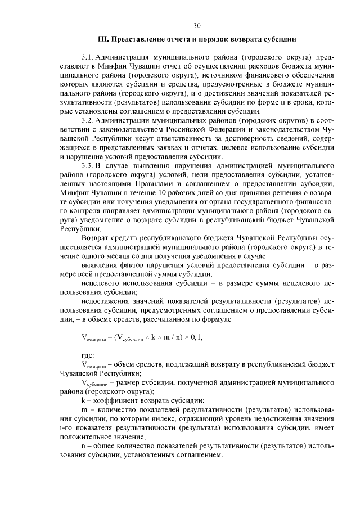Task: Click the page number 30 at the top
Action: coord(196,25)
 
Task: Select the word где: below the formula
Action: coord(88,355)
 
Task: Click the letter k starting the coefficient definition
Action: coord(83,400)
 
